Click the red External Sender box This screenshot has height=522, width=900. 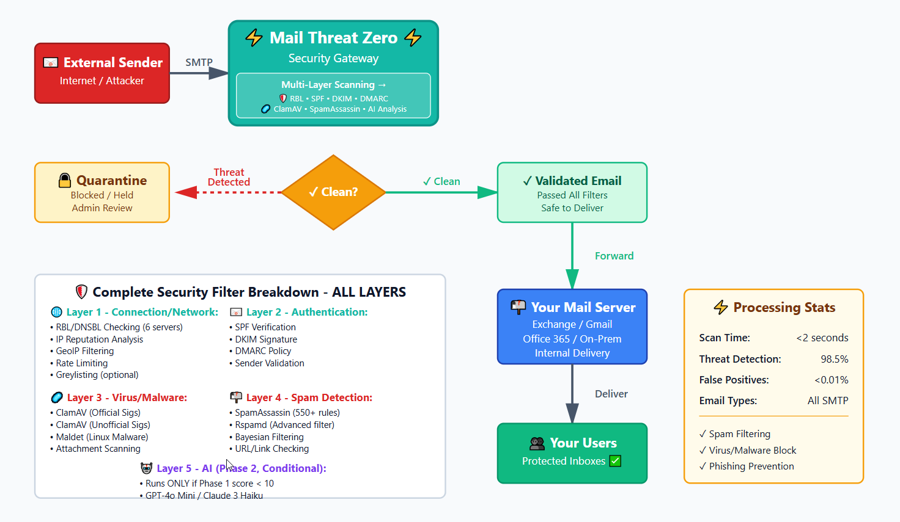click(x=101, y=73)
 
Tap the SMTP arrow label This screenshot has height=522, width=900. click(x=199, y=62)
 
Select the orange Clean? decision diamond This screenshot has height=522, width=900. click(x=333, y=192)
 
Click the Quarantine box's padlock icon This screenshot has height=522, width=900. click(x=65, y=180)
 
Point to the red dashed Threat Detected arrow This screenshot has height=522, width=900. click(x=232, y=192)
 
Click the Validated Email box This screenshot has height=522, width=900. click(x=572, y=192)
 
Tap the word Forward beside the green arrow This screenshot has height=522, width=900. click(x=614, y=256)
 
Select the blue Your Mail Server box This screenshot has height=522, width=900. click(x=572, y=327)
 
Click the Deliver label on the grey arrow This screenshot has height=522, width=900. click(x=611, y=394)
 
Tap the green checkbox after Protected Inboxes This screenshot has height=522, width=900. click(x=615, y=461)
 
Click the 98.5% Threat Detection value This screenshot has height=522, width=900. click(x=834, y=359)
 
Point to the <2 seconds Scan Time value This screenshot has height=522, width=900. click(x=822, y=338)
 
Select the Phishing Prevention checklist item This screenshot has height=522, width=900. click(x=751, y=466)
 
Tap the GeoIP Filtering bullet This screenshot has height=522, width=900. click(x=84, y=351)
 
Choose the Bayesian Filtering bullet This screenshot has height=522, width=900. click(x=269, y=437)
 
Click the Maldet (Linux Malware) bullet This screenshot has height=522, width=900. click(x=101, y=437)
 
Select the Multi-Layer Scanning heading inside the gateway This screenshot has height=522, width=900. click(x=333, y=85)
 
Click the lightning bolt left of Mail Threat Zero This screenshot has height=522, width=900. click(x=254, y=38)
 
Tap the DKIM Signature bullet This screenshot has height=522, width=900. click(x=266, y=339)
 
